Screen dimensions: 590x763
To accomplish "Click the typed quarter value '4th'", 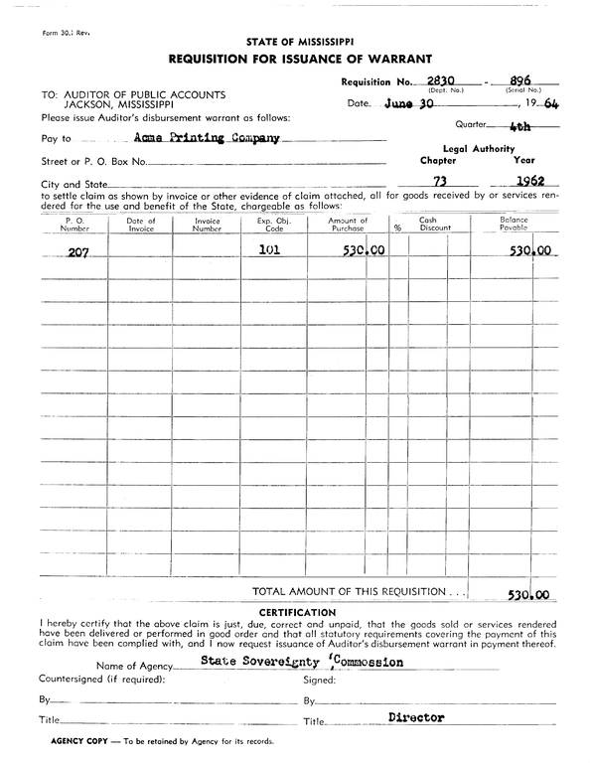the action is [x=516, y=127].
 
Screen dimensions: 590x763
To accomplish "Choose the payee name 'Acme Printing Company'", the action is [x=207, y=139].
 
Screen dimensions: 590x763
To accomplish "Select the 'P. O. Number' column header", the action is [x=74, y=225].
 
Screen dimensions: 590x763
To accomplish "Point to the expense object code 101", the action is [x=269, y=250].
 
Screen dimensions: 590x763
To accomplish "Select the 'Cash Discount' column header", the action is [x=434, y=225].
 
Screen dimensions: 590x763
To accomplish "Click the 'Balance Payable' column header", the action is [x=514, y=225].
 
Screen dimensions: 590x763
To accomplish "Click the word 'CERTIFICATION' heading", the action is [x=297, y=612].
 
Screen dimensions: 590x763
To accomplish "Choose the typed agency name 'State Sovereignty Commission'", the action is [x=302, y=661].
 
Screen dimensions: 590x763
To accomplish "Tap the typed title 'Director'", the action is [x=416, y=716].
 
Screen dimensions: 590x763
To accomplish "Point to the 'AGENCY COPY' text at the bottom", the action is [x=66, y=742].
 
